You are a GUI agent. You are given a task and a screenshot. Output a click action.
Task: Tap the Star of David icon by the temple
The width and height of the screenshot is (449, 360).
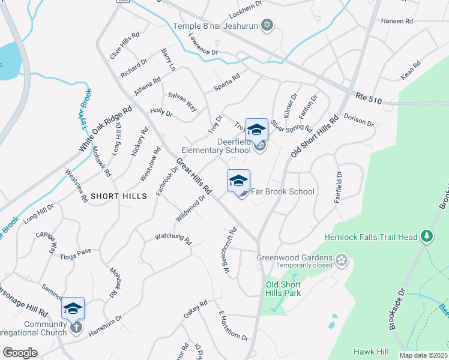click(x=268, y=25)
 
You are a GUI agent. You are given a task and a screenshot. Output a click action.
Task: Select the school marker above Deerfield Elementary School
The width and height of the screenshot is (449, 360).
click(x=256, y=129)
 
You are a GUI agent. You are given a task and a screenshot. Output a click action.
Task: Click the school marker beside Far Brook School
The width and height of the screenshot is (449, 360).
click(x=238, y=181)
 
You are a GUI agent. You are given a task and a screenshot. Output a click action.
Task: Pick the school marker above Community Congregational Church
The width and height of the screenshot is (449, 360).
click(x=73, y=308)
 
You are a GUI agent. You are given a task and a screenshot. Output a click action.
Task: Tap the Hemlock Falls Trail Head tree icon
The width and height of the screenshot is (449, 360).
click(x=427, y=237)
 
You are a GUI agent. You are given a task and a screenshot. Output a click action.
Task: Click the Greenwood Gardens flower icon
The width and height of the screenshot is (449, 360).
click(x=342, y=260)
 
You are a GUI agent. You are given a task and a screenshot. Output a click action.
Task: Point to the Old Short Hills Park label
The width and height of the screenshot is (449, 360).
click(x=283, y=289)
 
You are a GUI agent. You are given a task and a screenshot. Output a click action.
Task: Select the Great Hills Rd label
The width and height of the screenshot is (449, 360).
click(x=194, y=176)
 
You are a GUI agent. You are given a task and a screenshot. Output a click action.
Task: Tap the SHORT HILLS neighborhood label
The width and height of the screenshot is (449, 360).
click(x=119, y=196)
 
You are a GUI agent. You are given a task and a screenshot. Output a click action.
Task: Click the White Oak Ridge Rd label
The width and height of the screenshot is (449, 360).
click(x=106, y=130)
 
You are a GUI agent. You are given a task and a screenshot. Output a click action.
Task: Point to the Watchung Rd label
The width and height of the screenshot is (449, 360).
click(x=173, y=239)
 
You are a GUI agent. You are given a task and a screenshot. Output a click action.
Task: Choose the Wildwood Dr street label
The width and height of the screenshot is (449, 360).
click(x=191, y=207)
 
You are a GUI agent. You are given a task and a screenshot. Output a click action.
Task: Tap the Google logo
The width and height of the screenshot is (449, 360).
click(x=20, y=353)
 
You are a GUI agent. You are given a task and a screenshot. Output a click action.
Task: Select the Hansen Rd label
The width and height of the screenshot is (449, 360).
click(x=397, y=20)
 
